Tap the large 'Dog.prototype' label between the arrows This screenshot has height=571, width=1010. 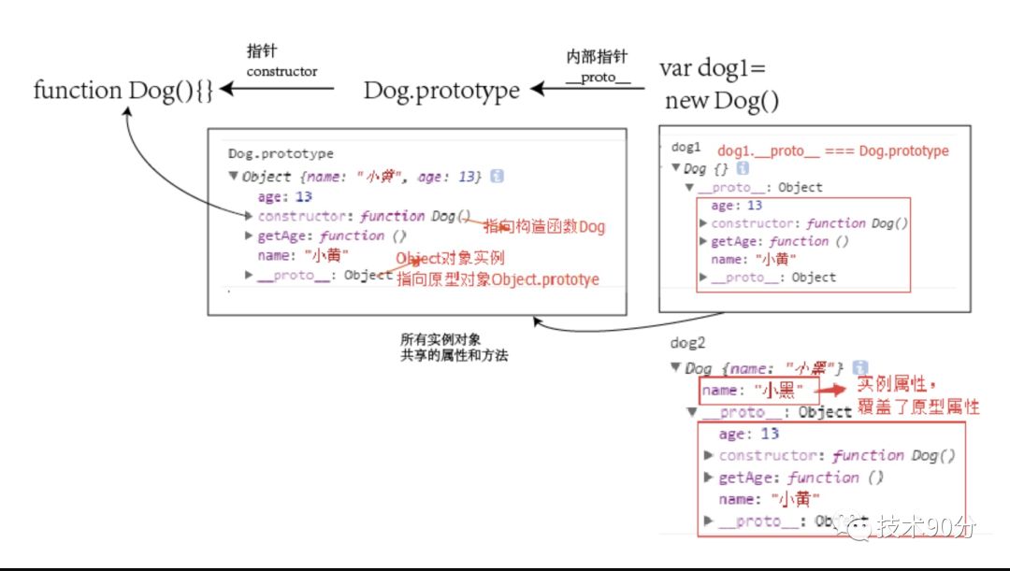click(441, 91)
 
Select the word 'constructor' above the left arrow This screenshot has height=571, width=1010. click(281, 71)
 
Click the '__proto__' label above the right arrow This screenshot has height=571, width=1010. click(598, 77)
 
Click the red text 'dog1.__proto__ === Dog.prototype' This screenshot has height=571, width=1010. click(832, 150)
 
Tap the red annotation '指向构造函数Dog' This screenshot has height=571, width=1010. click(544, 226)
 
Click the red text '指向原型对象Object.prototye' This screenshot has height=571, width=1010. click(498, 278)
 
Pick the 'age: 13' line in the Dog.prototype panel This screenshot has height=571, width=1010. click(284, 197)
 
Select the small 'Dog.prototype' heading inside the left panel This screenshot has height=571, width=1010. click(281, 153)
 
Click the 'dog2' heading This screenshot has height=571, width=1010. click(687, 343)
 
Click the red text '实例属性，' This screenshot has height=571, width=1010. click(897, 384)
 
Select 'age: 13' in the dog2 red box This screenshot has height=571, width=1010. click(748, 434)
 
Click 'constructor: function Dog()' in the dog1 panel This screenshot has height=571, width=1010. click(810, 223)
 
